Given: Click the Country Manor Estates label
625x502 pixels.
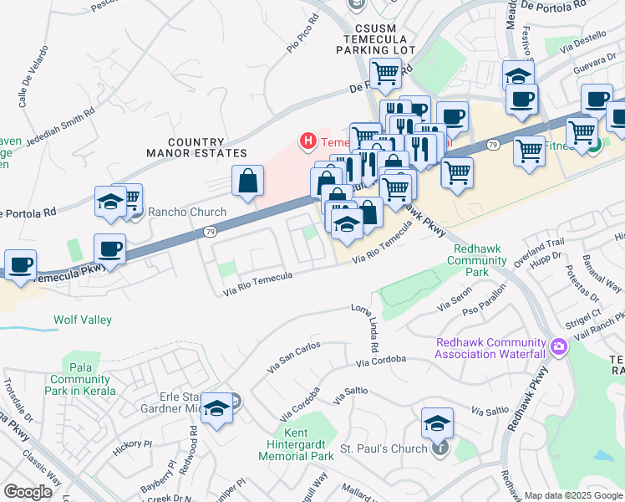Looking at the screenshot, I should click(x=196, y=148).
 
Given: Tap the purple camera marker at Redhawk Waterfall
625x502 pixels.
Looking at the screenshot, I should click(x=557, y=346).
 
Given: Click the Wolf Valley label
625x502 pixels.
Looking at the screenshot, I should click(x=83, y=320).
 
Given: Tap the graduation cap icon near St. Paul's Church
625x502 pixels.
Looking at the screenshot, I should click(x=437, y=423).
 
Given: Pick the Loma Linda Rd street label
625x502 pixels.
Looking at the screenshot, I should click(x=371, y=329).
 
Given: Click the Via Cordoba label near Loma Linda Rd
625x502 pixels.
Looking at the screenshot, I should click(x=380, y=361).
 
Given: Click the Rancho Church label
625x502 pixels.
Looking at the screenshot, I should click(x=187, y=212).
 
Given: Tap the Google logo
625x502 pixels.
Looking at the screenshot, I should click(x=29, y=492).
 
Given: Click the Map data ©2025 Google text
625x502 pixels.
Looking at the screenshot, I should click(x=572, y=495).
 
